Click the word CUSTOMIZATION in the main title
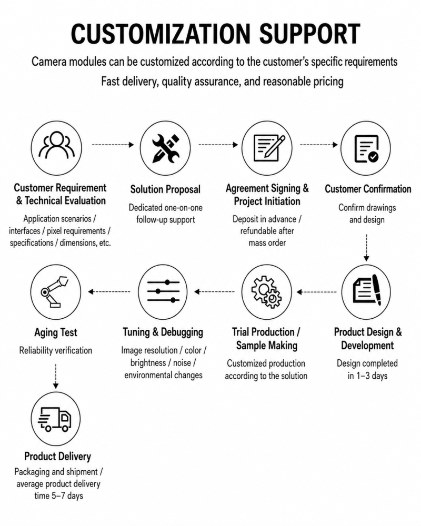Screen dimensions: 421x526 (x=161, y=34)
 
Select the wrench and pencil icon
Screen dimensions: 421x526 (x=166, y=148)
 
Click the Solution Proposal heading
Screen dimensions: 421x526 (x=165, y=189)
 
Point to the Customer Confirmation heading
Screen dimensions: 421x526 (x=368, y=189)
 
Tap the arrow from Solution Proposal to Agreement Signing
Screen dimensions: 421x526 (x=218, y=145)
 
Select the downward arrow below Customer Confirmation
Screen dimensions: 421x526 (x=366, y=248)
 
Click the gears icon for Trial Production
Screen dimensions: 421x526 (x=267, y=292)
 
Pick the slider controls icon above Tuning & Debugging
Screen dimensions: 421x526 (x=164, y=291)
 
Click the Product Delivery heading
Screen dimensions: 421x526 (x=57, y=456)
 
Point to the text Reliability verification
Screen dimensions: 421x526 (x=55, y=350)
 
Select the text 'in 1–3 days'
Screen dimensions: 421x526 (x=367, y=376)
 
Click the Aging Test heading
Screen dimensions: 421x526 (x=55, y=332)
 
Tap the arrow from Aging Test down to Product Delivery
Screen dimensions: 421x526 (x=56, y=376)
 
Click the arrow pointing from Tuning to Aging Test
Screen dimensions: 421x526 (x=109, y=291)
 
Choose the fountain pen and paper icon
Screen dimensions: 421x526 (x=367, y=290)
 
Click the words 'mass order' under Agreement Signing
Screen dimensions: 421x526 (x=267, y=243)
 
